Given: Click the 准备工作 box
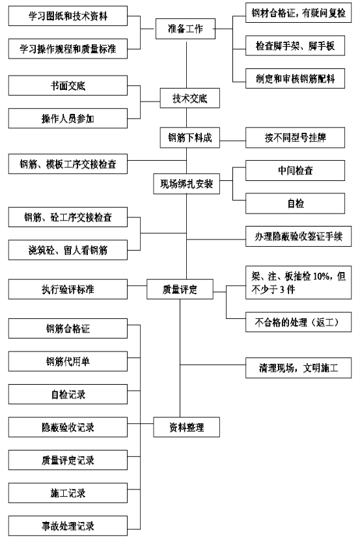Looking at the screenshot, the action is (186, 29).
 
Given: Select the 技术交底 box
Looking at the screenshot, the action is (190, 98).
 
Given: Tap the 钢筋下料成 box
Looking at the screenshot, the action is (190, 138).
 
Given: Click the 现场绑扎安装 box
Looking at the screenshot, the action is (186, 184).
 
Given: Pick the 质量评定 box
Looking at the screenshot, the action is (180, 290).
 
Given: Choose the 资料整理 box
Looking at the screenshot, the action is (186, 427).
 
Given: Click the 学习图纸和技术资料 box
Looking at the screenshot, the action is (68, 16).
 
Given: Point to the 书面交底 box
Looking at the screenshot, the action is (68, 85).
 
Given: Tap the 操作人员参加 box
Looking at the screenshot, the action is (68, 118).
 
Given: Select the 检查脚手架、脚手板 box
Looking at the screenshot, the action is (295, 46).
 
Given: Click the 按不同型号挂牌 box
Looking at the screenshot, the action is (295, 138).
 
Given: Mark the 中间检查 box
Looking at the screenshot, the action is (295, 171).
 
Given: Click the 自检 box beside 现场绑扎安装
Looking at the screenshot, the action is (295, 204).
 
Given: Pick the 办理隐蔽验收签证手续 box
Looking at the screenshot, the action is (298, 236).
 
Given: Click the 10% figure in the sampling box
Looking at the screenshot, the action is (321, 277).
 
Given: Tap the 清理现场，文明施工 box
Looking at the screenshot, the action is (298, 368).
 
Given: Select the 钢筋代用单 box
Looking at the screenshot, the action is (68, 361).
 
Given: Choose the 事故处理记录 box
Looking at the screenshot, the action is (68, 525).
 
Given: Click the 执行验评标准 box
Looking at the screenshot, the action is (68, 290).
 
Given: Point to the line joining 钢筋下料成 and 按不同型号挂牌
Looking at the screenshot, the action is (233, 141).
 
